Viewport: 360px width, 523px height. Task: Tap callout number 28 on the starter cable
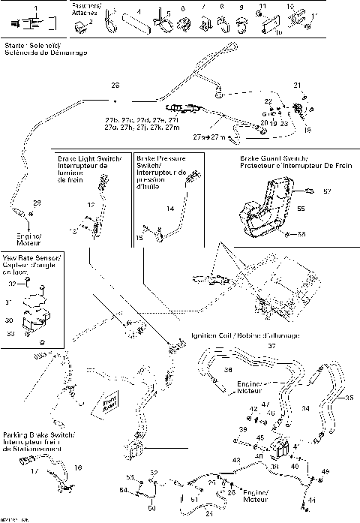pos(115,85)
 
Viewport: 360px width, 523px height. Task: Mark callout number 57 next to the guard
pos(326,193)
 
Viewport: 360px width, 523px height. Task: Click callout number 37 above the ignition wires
pos(272,346)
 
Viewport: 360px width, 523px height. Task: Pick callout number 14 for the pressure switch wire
pos(170,207)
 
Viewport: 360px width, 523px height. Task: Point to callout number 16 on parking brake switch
pos(77,467)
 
